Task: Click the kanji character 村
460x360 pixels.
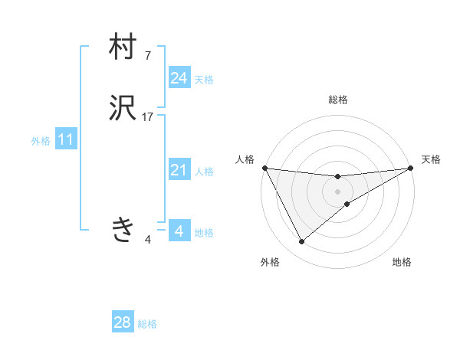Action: tap(123, 47)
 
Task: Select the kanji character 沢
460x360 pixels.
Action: tap(123, 110)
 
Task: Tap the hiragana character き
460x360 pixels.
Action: tap(123, 229)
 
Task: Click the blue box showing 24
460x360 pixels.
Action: tap(179, 78)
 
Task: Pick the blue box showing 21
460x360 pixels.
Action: tap(179, 171)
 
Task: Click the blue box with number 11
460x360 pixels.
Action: tap(66, 140)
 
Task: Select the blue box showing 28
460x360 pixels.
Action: tap(123, 322)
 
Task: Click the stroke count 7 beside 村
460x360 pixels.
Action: tap(147, 55)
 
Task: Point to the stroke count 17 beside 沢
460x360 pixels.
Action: tap(148, 117)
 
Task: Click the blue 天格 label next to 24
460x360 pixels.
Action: tap(204, 79)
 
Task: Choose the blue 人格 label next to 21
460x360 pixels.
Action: tap(204, 172)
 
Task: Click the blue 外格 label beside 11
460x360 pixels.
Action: tap(41, 141)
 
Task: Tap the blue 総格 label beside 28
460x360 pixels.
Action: tap(147, 324)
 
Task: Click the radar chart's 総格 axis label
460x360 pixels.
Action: tap(338, 100)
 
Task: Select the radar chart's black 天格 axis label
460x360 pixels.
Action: tap(432, 159)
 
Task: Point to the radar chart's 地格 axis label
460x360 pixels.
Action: tap(402, 262)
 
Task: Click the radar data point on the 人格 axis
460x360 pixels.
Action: tap(264, 168)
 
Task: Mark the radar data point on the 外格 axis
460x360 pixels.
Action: tap(301, 242)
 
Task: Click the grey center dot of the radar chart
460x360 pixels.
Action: tap(338, 191)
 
